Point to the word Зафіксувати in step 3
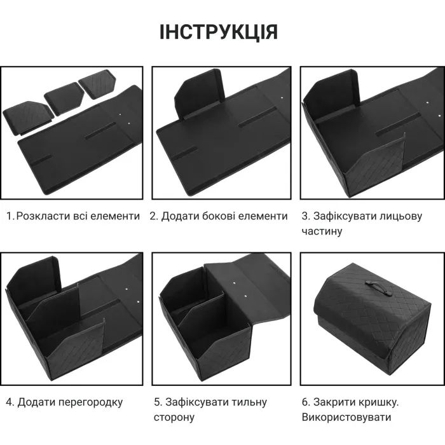point(343,216)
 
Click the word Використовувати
point(346,417)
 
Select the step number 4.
point(9,402)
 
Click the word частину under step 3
point(322,231)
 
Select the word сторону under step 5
point(174,417)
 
